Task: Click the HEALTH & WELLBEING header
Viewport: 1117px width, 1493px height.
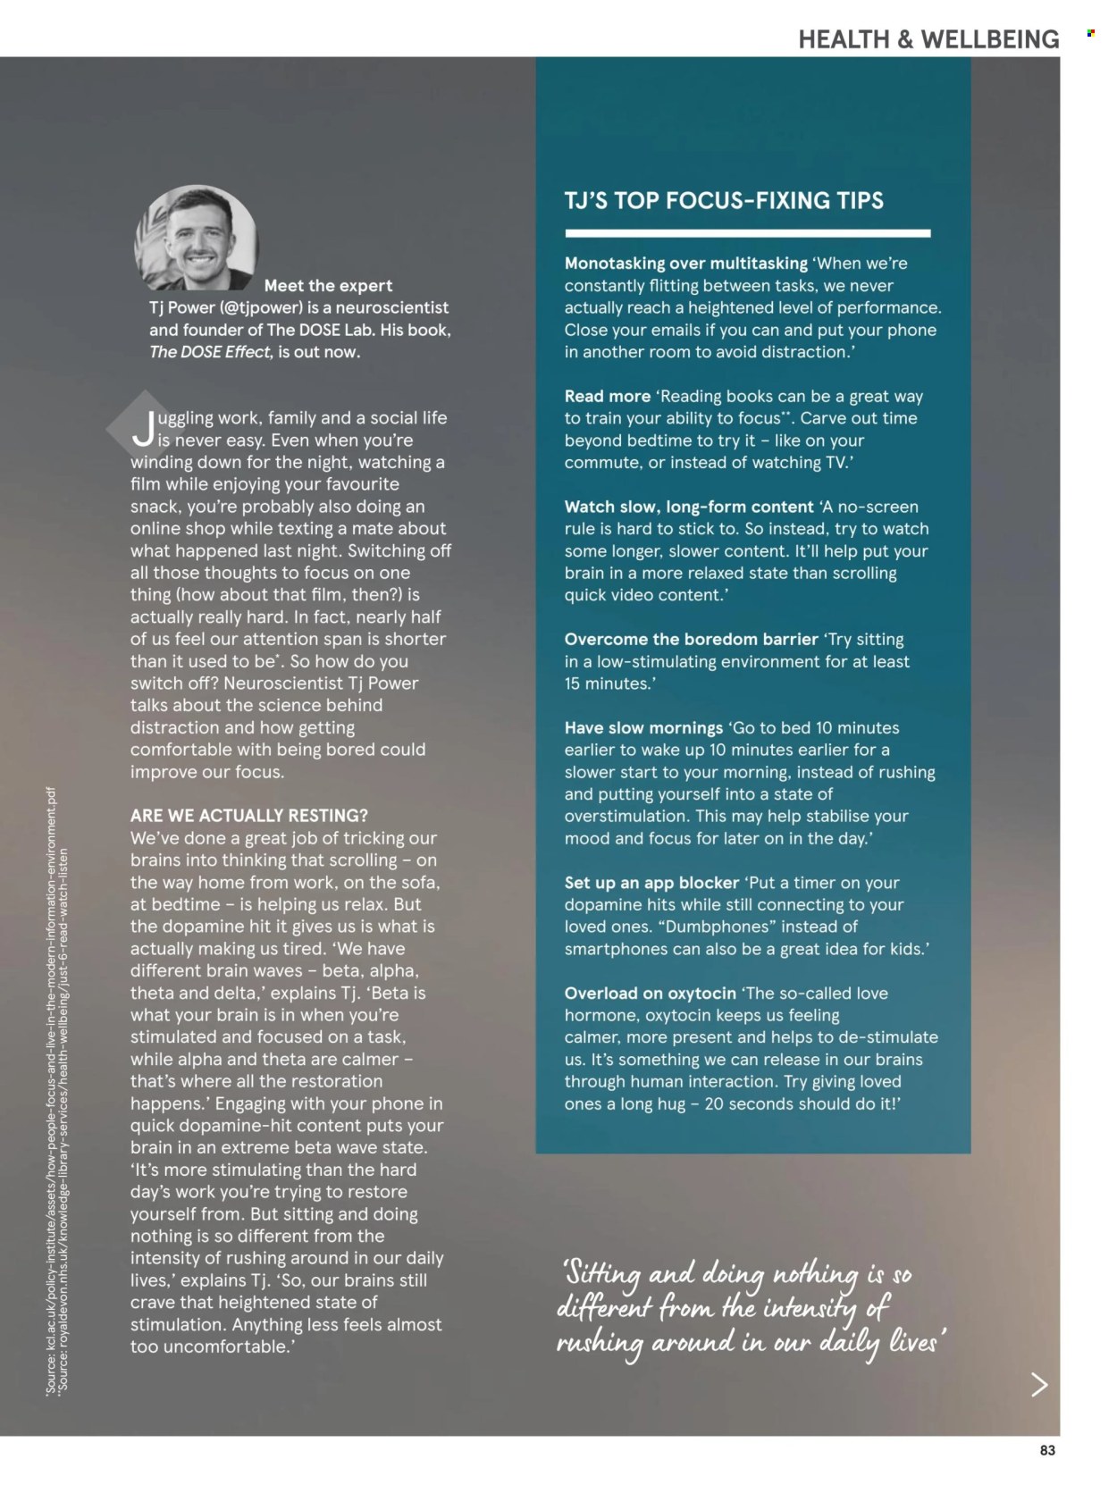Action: pos(928,39)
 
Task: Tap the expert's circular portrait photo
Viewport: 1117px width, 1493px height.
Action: pos(197,239)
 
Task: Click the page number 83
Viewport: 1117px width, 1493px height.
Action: pos(1047,1450)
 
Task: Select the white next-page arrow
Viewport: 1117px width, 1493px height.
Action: pos(1039,1384)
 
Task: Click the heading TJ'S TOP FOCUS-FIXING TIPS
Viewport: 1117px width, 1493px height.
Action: pos(724,200)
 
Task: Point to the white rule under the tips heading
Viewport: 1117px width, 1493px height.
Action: pos(747,233)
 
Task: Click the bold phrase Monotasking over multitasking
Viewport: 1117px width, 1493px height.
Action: pos(685,264)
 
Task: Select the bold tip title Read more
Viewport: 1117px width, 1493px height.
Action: pos(607,396)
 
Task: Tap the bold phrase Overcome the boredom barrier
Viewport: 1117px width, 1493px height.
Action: pos(691,639)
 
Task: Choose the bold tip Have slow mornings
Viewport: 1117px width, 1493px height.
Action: pos(643,727)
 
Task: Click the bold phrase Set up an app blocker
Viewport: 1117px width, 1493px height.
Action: pos(651,883)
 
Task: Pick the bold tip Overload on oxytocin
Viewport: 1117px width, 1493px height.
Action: pos(650,993)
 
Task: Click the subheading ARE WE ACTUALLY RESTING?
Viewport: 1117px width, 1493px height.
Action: pos(248,816)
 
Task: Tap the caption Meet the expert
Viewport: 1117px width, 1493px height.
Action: pos(328,286)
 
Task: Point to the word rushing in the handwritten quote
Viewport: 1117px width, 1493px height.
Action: pos(599,1344)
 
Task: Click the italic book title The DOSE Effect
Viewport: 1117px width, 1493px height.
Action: pos(210,352)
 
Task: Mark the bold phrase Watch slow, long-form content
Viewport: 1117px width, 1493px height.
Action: pos(688,507)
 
